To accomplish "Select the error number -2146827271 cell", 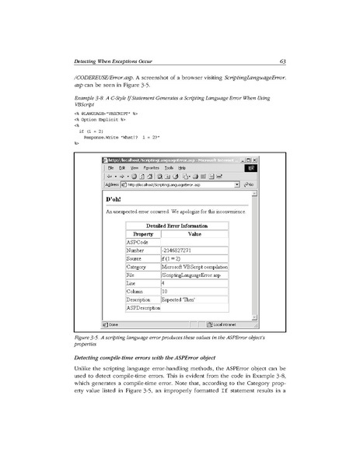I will point(180,251).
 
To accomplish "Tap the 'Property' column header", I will point(142,233).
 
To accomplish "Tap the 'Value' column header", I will point(194,233).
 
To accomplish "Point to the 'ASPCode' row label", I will point(136,242).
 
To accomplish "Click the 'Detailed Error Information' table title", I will point(177,226).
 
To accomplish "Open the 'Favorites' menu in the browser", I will point(150,168).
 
